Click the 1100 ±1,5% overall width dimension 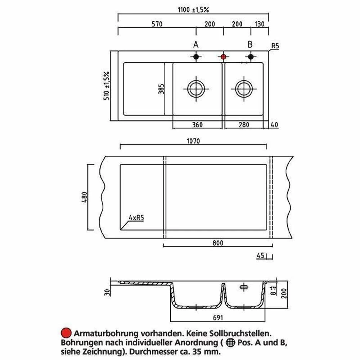coord(193,10)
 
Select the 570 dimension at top coord(157,24)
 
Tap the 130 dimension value coord(260,24)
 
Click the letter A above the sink coord(195,45)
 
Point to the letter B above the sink coord(250,44)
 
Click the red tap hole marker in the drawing coord(224,57)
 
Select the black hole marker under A coord(196,57)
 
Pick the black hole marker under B coord(251,57)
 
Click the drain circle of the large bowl coord(196,89)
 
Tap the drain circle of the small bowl coord(244,89)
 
